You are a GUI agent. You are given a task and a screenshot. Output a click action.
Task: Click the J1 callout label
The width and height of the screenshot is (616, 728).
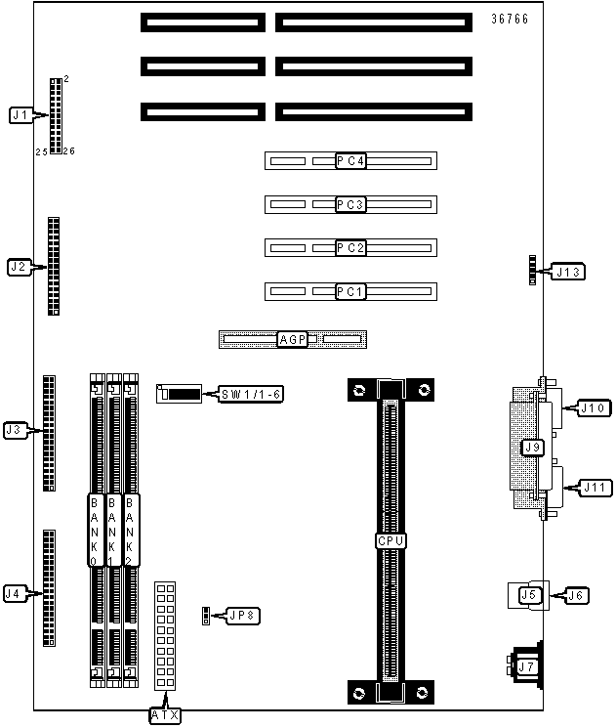(x=21, y=114)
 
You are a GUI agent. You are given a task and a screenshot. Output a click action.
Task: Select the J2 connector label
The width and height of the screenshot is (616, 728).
(x=19, y=267)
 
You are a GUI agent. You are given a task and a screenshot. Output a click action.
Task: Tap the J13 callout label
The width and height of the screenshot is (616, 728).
(x=568, y=272)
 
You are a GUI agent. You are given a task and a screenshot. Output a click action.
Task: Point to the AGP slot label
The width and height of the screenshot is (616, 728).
(x=292, y=339)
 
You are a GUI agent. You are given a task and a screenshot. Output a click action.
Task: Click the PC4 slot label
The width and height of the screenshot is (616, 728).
(x=350, y=161)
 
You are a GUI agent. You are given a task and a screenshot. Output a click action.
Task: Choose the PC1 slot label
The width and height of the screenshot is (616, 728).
(x=350, y=291)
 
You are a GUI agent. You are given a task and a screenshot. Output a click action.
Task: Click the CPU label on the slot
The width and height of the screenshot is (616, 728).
(x=390, y=541)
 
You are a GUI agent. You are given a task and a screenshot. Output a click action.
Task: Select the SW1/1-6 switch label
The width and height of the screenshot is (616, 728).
(x=251, y=394)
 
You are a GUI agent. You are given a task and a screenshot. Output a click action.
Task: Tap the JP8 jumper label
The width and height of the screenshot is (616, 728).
(x=243, y=616)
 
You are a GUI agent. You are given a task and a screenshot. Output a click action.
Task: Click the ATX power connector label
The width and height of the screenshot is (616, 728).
(x=165, y=715)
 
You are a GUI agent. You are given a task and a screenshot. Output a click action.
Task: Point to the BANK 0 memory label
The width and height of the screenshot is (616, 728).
(x=94, y=531)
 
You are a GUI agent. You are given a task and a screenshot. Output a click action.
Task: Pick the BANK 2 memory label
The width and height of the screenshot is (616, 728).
(x=130, y=531)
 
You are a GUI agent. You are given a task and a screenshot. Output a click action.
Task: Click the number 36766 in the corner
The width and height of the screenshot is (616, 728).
(x=510, y=19)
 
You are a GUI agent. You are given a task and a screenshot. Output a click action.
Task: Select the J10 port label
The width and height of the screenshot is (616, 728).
(x=594, y=408)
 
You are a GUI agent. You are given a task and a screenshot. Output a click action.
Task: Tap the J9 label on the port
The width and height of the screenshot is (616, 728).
(x=532, y=448)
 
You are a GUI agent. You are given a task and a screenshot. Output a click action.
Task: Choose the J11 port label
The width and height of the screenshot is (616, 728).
(x=595, y=488)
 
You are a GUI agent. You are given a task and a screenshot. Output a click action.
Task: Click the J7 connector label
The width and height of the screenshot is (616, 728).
(x=526, y=666)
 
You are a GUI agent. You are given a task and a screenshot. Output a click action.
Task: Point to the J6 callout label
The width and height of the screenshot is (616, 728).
(x=576, y=595)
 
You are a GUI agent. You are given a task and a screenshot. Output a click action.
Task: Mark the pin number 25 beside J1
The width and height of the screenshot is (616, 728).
(x=41, y=151)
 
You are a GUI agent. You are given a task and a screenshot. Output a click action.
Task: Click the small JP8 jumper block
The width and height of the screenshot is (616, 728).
(x=206, y=616)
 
